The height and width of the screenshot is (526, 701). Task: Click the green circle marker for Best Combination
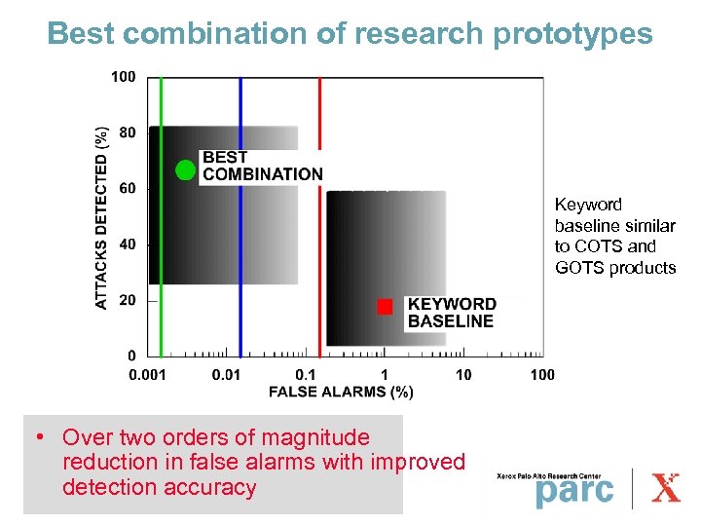point(185,170)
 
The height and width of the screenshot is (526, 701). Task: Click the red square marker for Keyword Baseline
point(385,307)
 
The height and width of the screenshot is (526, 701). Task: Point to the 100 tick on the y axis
point(123,76)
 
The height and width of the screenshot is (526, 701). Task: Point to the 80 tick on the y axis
point(127,131)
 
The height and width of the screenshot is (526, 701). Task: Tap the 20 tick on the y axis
point(127,300)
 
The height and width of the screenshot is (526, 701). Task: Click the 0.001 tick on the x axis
point(149,375)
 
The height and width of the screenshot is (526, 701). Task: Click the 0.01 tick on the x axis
point(227,375)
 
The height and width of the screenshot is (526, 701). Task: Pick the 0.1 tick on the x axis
point(306,375)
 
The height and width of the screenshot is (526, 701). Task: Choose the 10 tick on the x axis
point(463,375)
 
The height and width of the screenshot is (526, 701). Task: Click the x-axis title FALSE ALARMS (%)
point(341,392)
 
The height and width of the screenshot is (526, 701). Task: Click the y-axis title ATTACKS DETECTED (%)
point(101,217)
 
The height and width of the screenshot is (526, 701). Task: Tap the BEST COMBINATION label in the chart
point(261,166)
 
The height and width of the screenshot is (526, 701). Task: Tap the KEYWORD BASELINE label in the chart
point(451,313)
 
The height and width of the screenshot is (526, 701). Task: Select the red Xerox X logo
point(666,486)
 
